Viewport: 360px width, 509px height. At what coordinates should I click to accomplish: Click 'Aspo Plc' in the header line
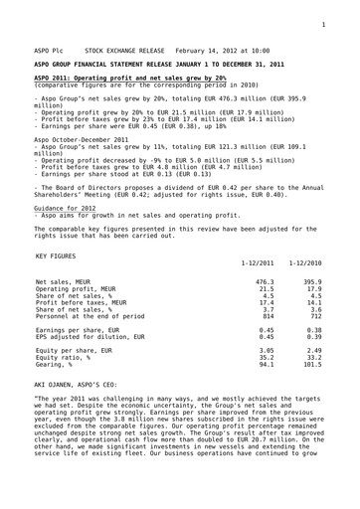[50, 48]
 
